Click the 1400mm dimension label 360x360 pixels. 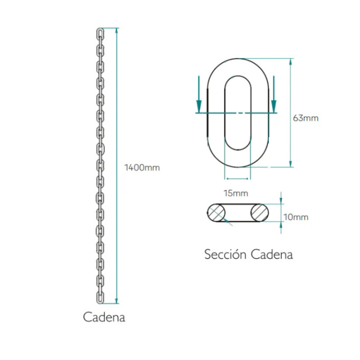[142, 168]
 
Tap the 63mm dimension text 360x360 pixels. [305, 118]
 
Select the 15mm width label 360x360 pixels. [236, 193]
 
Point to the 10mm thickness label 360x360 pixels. [296, 217]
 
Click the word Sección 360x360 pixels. [225, 254]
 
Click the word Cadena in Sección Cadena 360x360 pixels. [272, 254]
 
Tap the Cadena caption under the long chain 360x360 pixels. [104, 317]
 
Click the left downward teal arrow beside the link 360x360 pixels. [199, 94]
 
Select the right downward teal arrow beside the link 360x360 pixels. [274, 94]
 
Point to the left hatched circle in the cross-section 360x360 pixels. [216, 213]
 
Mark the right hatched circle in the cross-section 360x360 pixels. [260, 213]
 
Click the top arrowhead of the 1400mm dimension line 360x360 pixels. [117, 31]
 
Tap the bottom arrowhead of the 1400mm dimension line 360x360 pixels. [117, 301]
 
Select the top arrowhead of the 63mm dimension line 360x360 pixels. [290, 62]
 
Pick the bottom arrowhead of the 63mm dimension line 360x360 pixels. [290, 164]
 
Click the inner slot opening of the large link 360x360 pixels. [225, 113]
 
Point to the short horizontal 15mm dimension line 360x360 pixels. [238, 178]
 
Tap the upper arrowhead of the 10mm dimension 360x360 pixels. [281, 200]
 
